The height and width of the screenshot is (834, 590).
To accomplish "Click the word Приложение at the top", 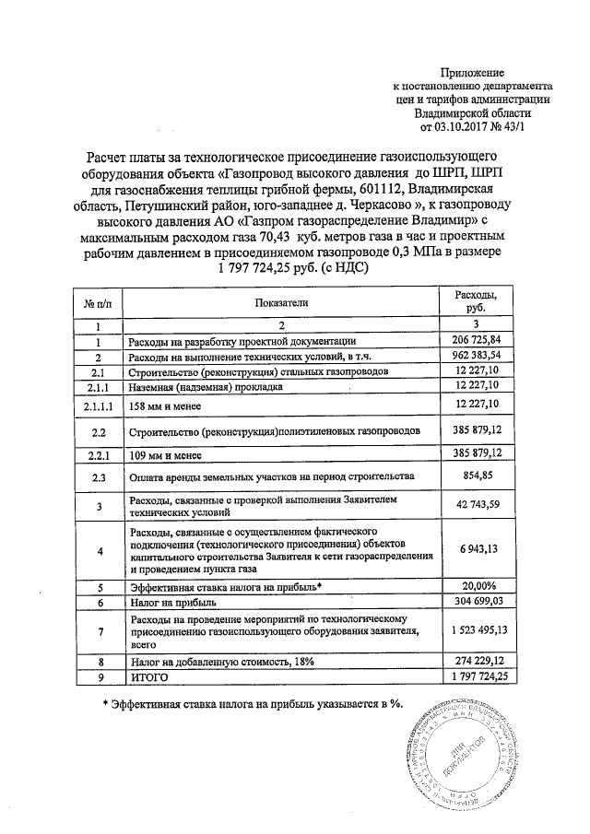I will (473, 72).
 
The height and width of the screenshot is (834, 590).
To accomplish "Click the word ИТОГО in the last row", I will (152, 677).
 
